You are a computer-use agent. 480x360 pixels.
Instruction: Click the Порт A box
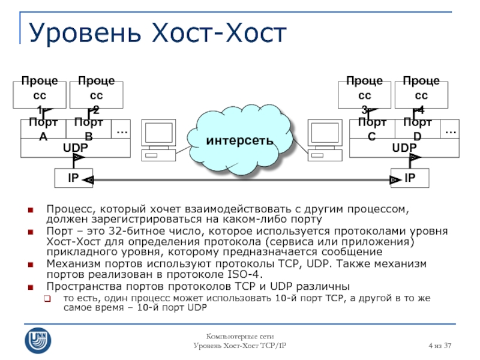pyautogui.click(x=43, y=129)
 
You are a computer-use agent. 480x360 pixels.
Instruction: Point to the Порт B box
pyautogui.click(x=88, y=129)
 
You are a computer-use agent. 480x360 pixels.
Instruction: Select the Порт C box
pyautogui.click(x=371, y=129)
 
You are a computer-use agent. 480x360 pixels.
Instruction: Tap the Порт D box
pyautogui.click(x=418, y=129)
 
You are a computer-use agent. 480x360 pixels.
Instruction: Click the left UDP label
pyautogui.click(x=76, y=148)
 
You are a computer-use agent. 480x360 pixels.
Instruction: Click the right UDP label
pyautogui.click(x=404, y=148)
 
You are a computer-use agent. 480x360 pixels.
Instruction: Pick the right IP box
pyautogui.click(x=410, y=178)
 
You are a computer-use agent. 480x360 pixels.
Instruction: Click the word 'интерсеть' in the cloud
pyautogui.click(x=239, y=140)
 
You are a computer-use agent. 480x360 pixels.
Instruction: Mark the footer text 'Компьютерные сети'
pyautogui.click(x=240, y=338)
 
